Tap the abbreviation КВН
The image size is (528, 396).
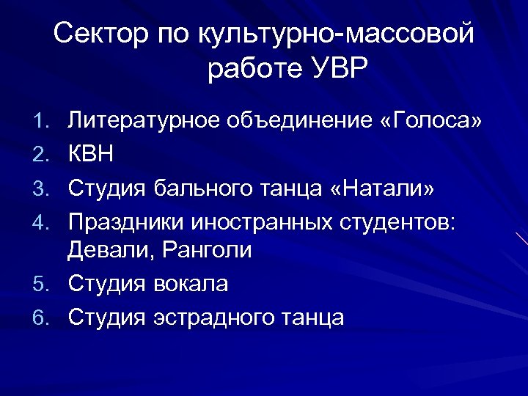coord(92,153)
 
